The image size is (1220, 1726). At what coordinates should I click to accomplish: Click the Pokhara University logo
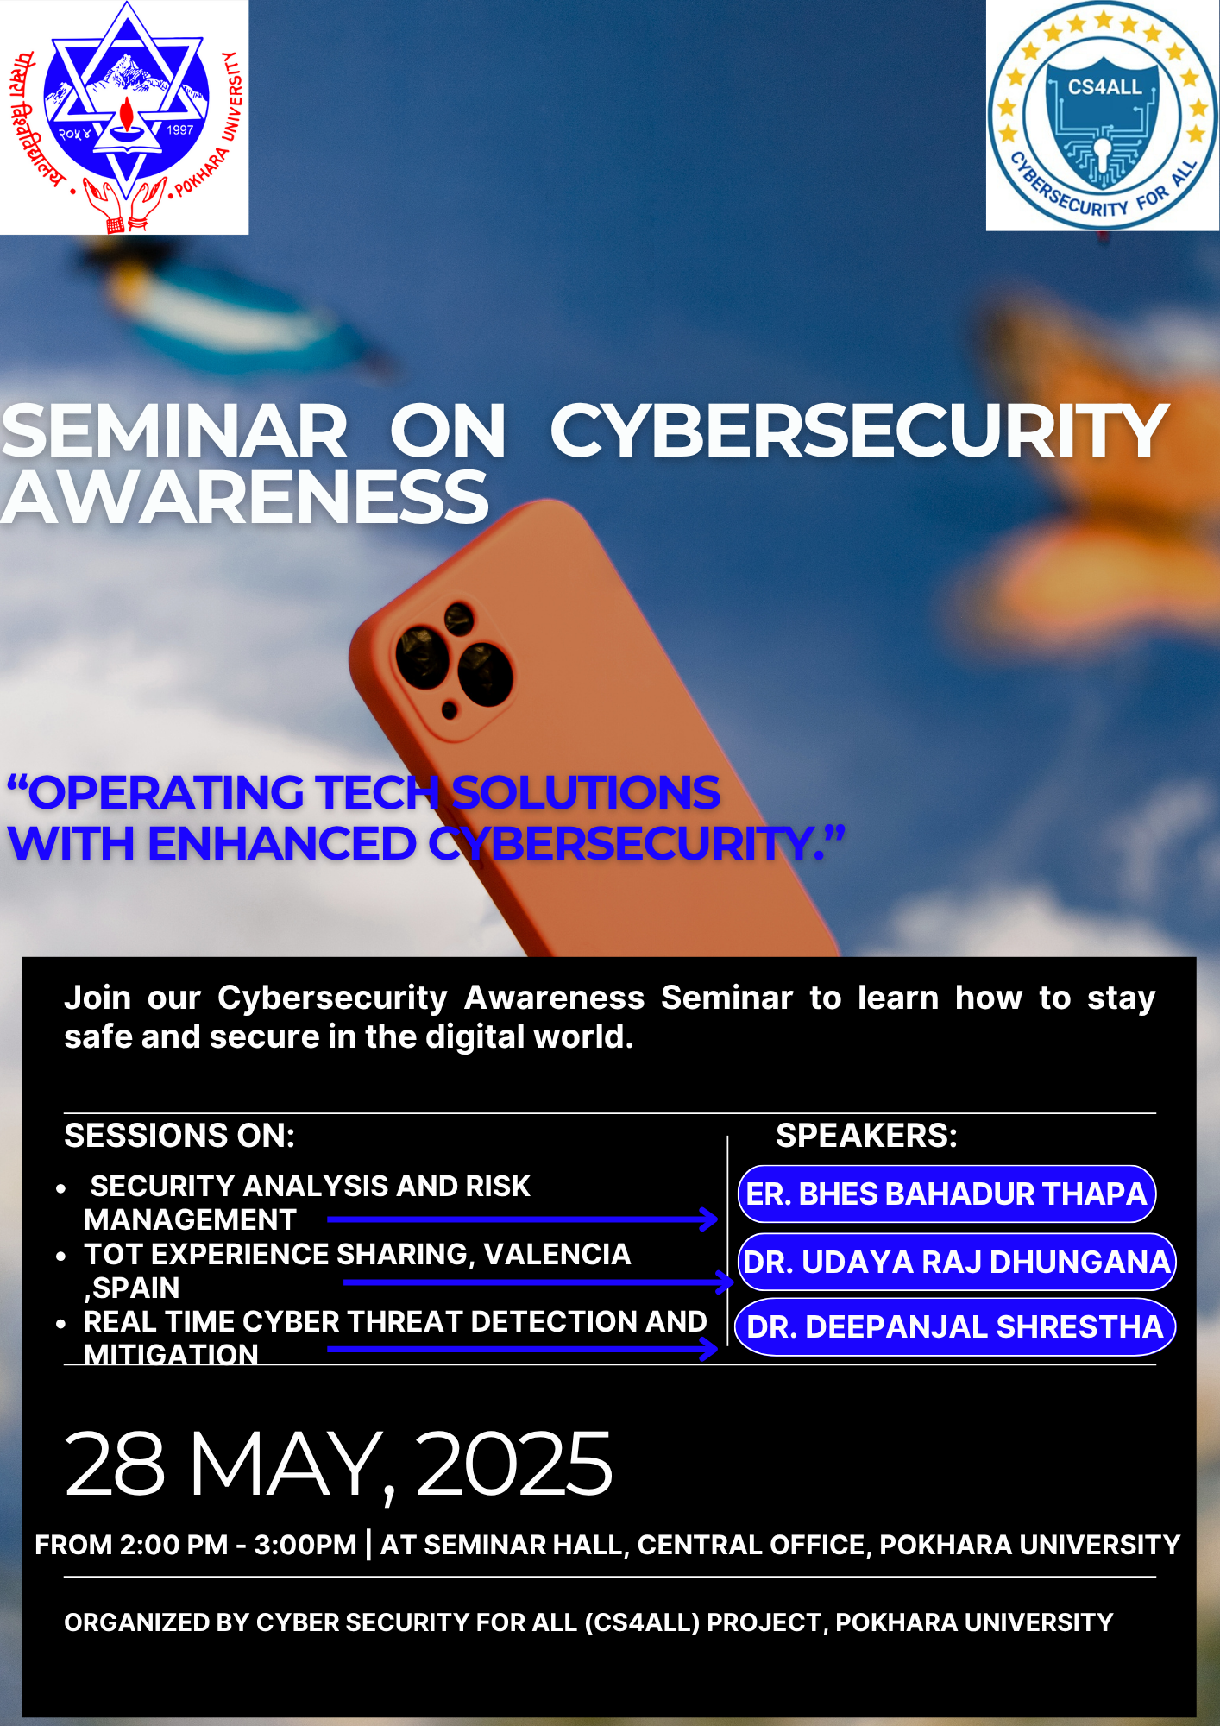(x=125, y=117)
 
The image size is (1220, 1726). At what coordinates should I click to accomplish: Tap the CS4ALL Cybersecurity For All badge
(x=1103, y=117)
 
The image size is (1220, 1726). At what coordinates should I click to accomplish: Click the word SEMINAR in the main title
(x=174, y=431)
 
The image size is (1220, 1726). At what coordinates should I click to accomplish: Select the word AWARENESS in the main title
(x=245, y=498)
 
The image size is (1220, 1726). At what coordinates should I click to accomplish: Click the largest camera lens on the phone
(x=486, y=674)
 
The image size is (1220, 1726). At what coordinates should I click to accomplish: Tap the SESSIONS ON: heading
(x=179, y=1136)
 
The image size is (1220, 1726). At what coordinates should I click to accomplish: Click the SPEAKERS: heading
(x=866, y=1136)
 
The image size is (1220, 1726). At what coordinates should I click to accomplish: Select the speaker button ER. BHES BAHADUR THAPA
(x=946, y=1194)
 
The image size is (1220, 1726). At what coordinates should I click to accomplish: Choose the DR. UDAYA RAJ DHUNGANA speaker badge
(x=956, y=1262)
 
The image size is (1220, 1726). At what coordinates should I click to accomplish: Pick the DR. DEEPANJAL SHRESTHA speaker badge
(x=955, y=1326)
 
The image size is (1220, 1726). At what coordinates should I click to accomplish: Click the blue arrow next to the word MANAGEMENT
(x=523, y=1219)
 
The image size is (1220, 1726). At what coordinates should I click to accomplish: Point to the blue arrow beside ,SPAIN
(x=538, y=1282)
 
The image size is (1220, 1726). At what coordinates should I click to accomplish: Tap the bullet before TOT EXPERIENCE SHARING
(x=60, y=1257)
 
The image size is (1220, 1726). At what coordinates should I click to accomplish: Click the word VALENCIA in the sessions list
(x=557, y=1254)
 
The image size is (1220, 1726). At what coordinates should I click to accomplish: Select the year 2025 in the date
(x=514, y=1464)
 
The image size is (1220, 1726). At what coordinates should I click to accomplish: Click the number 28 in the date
(x=115, y=1464)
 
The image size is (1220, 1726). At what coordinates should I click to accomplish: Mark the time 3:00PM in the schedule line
(x=305, y=1545)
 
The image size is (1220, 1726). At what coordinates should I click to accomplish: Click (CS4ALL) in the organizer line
(x=642, y=1622)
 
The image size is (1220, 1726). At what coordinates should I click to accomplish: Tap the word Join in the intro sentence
(x=97, y=998)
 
